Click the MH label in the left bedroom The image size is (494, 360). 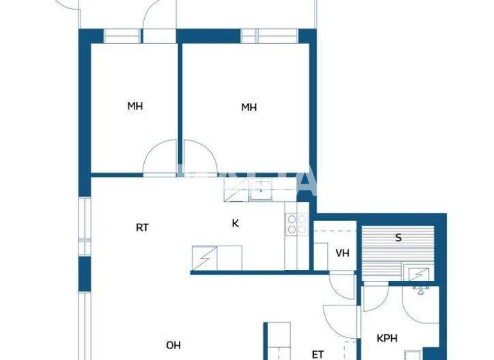(134, 107)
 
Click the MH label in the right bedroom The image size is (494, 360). (249, 107)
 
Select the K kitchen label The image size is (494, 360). (235, 224)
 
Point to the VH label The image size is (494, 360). (342, 253)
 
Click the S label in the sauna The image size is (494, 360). (398, 238)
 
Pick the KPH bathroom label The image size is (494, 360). (386, 337)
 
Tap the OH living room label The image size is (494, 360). (173, 345)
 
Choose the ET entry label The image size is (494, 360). (318, 354)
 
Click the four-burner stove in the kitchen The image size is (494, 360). (297, 224)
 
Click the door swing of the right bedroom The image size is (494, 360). (198, 157)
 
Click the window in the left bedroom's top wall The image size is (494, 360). (122, 36)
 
